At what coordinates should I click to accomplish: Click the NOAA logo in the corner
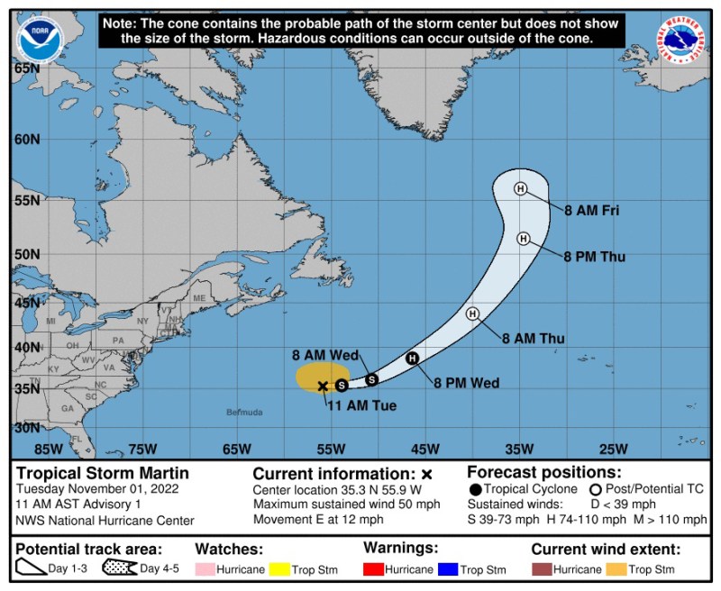click(41, 40)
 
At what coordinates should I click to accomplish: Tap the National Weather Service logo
click(680, 41)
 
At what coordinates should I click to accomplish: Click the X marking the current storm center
click(323, 386)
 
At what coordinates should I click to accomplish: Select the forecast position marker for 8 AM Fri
click(520, 188)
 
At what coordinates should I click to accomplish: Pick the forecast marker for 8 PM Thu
click(523, 238)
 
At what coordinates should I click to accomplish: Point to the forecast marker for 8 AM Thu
click(472, 314)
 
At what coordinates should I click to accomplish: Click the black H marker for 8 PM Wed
click(412, 359)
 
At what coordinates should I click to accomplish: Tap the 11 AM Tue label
click(361, 405)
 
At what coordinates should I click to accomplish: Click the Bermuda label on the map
click(245, 412)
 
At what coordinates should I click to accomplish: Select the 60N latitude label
click(27, 139)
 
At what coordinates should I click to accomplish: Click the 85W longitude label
click(48, 449)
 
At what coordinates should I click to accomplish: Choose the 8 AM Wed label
click(323, 354)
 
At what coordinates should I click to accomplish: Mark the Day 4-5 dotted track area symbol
click(119, 569)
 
